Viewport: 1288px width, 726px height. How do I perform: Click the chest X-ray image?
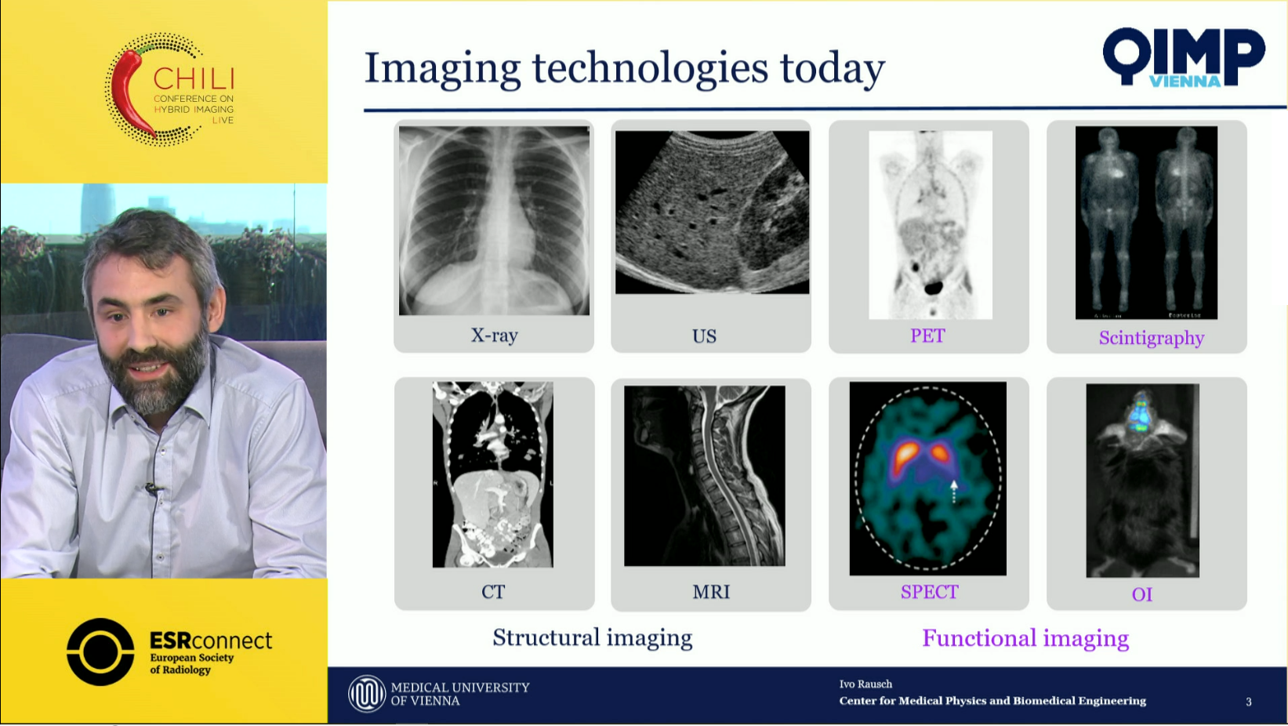[x=494, y=220]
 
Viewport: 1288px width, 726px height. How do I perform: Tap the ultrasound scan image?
[x=712, y=212]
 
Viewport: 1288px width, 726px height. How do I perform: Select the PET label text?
[x=927, y=336]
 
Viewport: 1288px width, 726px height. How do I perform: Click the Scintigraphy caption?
[x=1151, y=338]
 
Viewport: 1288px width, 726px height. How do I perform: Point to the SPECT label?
[x=929, y=592]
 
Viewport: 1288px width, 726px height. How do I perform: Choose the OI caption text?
[x=1142, y=594]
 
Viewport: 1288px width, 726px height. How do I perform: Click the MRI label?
[x=711, y=592]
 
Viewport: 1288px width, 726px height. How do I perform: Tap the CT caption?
[x=493, y=592]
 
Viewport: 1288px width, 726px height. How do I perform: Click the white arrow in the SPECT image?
[x=953, y=492]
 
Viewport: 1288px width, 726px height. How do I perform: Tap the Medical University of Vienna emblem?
[x=367, y=694]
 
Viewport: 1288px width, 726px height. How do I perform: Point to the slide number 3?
[x=1248, y=702]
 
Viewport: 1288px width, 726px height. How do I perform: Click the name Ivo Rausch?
[x=865, y=684]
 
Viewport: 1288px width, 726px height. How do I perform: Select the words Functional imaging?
[x=1025, y=639]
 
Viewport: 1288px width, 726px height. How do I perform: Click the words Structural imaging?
[x=592, y=638]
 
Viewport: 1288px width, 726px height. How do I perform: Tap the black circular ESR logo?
[x=100, y=652]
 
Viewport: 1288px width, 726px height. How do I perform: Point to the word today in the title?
[x=832, y=69]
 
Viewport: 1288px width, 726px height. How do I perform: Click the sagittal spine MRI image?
[x=705, y=476]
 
